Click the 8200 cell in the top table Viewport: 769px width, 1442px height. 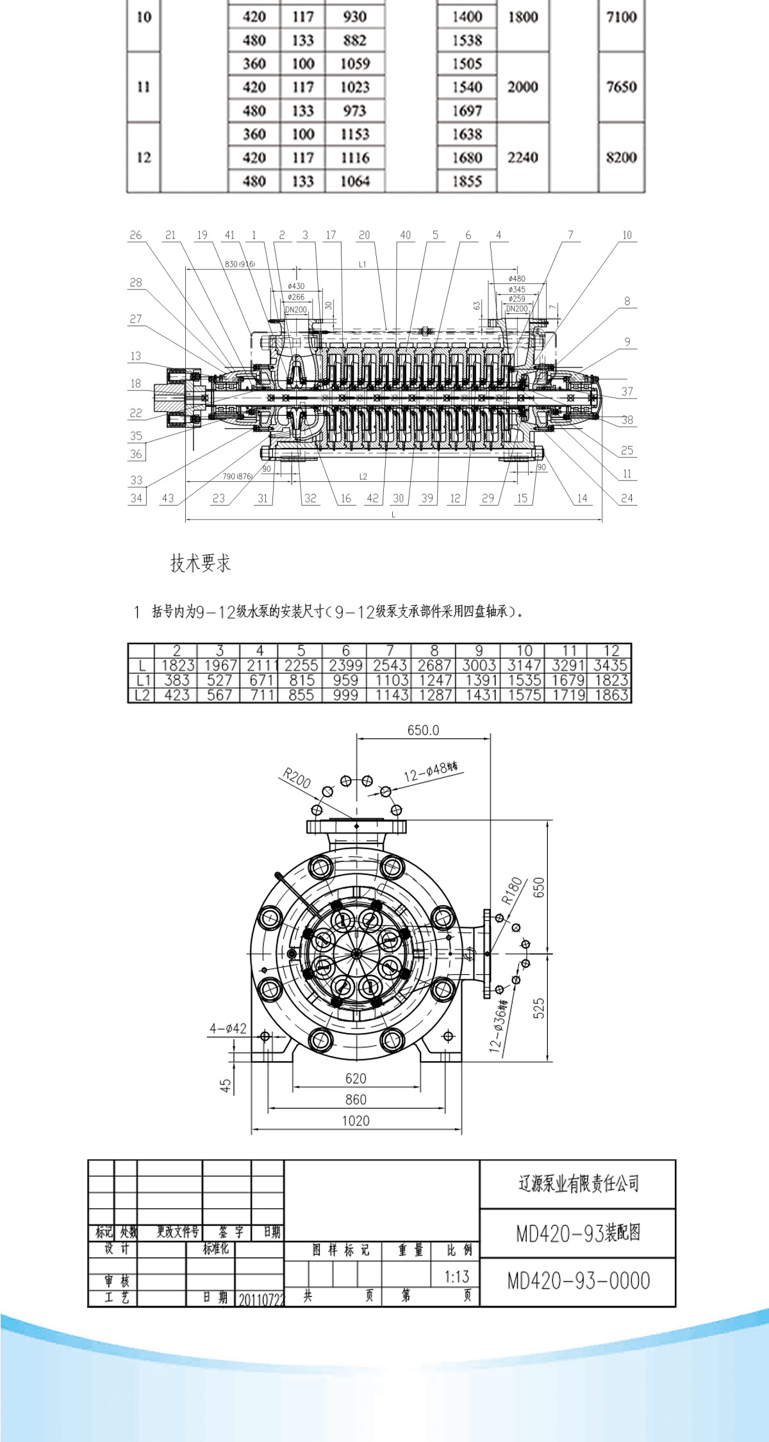[621, 157]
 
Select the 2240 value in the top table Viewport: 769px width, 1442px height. [522, 157]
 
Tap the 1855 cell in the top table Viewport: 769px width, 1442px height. [467, 181]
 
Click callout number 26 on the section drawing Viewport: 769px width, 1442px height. [136, 235]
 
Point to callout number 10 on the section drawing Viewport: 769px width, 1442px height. [627, 235]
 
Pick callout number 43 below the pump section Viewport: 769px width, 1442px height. [168, 498]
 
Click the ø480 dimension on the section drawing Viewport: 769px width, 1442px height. [517, 279]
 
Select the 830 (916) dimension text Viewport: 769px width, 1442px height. [240, 264]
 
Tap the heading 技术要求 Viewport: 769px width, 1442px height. [200, 563]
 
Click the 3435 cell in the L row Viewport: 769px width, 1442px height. [610, 665]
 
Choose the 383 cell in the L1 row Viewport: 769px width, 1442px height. [177, 680]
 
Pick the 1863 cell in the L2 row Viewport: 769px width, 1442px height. [610, 695]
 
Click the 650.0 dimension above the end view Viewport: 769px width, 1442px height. [423, 730]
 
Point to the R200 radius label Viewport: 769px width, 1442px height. [297, 779]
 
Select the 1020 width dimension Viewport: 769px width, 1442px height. [356, 1120]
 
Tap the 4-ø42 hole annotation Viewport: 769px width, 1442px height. [227, 1029]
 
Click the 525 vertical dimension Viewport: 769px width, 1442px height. [538, 1008]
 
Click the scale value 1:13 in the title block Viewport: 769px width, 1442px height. [457, 1276]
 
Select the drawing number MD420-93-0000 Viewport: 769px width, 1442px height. [578, 1280]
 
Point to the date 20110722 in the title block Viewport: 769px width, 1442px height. [260, 1299]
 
